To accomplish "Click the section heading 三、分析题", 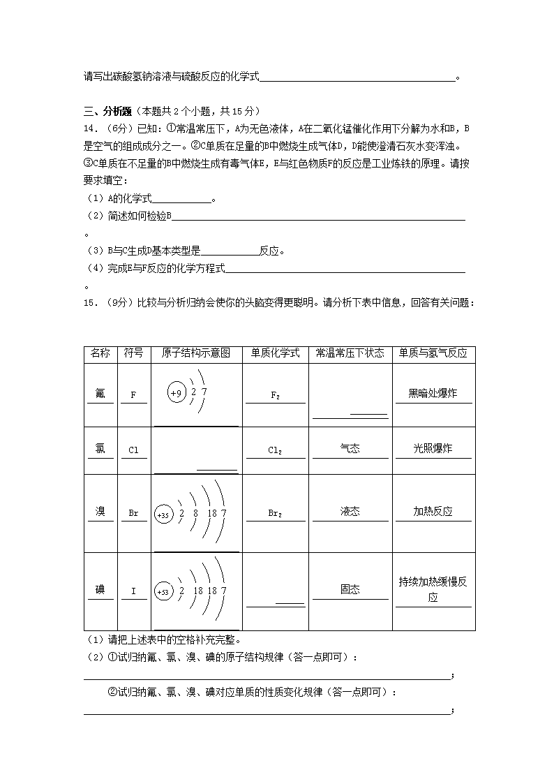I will point(108,110).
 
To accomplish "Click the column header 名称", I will point(100,353).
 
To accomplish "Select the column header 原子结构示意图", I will point(196,353).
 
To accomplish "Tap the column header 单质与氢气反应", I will point(433,353).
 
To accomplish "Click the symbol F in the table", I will point(133,395).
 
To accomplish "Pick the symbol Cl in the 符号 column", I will point(133,450).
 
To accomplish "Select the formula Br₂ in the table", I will point(275,513).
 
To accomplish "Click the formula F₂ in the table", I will point(275,395).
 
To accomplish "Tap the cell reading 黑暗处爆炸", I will point(433,393).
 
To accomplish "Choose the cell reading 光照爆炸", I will point(433,448).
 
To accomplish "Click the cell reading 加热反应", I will point(433,511).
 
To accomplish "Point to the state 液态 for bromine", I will point(350,511).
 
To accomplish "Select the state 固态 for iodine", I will point(350,589).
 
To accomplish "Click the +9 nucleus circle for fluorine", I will point(176,394).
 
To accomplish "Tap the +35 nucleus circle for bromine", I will point(163,515).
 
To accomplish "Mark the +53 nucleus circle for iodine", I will point(163,592).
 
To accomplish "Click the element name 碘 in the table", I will point(100,589).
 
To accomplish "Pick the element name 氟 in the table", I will point(100,393).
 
